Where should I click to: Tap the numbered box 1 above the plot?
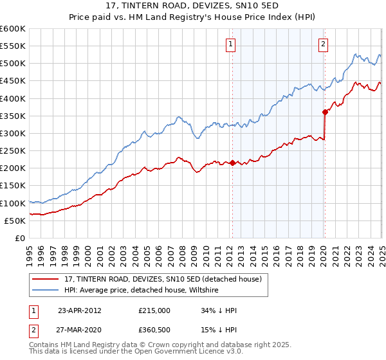[x=230, y=44]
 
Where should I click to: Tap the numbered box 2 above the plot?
[x=323, y=44]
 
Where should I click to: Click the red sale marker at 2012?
[x=232, y=163]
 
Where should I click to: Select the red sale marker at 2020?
[x=326, y=112]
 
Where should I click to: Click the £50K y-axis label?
[x=15, y=221]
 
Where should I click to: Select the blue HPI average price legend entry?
[x=141, y=291]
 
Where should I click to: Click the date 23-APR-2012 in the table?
[x=80, y=310]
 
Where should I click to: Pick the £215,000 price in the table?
[x=154, y=310]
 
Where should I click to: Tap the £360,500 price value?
[x=154, y=331]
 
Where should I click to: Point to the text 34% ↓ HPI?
[x=219, y=310]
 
